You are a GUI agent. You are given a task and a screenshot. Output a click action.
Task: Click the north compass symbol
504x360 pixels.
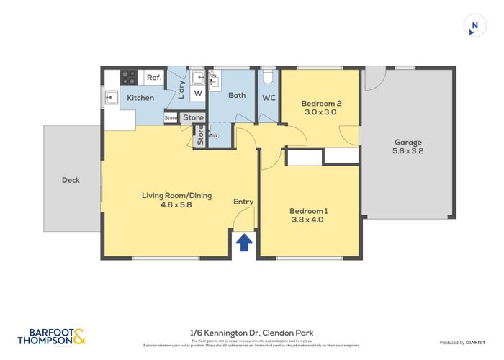(x=473, y=25)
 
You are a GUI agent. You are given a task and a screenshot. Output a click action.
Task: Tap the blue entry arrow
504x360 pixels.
(x=244, y=242)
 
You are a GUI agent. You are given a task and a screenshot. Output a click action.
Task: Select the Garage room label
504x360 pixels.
(x=408, y=143)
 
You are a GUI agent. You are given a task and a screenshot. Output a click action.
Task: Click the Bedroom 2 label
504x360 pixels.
(x=320, y=103)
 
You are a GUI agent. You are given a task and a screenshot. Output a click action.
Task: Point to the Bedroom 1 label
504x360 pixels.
(x=308, y=211)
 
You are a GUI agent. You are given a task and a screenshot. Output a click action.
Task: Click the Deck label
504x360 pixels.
(x=71, y=180)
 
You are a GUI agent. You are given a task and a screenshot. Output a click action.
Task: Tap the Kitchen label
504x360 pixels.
(x=140, y=98)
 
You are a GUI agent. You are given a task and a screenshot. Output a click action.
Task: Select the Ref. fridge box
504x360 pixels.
(x=153, y=77)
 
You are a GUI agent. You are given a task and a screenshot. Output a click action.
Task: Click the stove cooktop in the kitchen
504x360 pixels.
(x=129, y=76)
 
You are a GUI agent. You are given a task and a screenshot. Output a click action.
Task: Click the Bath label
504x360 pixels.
(x=237, y=95)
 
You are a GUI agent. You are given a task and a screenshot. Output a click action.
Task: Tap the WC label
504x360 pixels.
(x=269, y=97)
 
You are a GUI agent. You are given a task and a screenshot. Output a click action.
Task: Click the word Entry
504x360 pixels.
(x=243, y=202)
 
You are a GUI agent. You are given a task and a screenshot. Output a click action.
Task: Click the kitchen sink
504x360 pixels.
(x=112, y=96)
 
